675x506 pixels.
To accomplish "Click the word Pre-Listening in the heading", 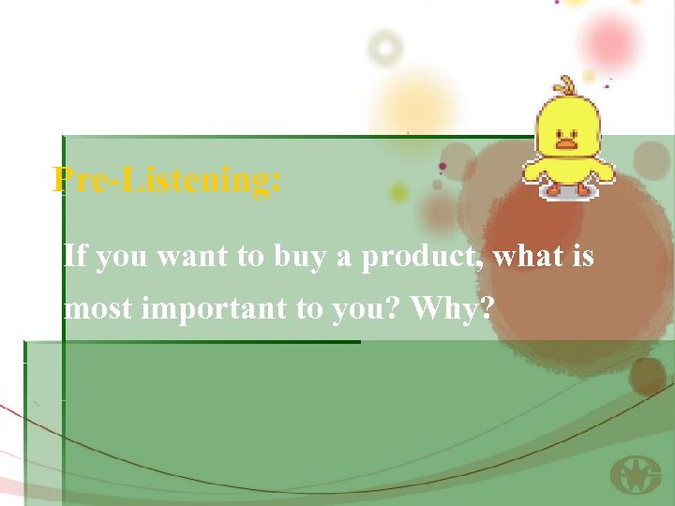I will pos(167,179).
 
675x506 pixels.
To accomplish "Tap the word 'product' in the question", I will pos(422,256).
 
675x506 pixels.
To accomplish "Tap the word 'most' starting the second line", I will pos(97,308).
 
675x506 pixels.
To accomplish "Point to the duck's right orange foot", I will pos(585,190).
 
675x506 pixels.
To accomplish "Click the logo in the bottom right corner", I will pos(635,475).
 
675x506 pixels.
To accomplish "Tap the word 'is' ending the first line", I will pos(583,256).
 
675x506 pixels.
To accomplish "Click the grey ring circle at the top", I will pos(384,46).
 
